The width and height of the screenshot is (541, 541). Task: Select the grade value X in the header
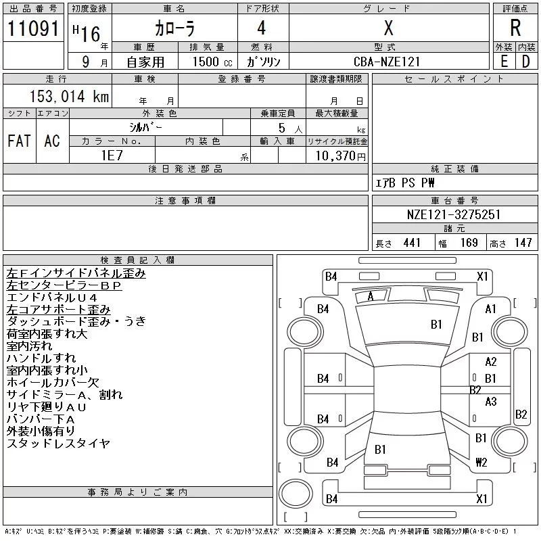pyautogui.click(x=388, y=28)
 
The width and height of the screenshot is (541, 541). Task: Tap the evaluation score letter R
pyautogui.click(x=515, y=28)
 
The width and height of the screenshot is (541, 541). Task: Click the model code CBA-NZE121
pyautogui.click(x=388, y=61)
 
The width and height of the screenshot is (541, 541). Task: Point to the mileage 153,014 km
pyautogui.click(x=69, y=96)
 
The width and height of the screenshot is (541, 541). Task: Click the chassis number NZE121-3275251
pyautogui.click(x=454, y=215)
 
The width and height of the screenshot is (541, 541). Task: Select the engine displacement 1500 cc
pyautogui.click(x=204, y=61)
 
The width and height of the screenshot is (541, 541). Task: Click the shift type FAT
pyautogui.click(x=19, y=141)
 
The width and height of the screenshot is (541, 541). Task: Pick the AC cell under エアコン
pyautogui.click(x=52, y=141)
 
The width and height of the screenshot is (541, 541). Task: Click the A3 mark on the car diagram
pyautogui.click(x=491, y=402)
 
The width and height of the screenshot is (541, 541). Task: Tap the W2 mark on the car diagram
pyautogui.click(x=481, y=463)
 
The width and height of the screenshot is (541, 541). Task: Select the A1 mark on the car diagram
pyautogui.click(x=491, y=309)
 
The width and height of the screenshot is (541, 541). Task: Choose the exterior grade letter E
pyautogui.click(x=504, y=61)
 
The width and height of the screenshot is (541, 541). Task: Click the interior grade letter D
pyautogui.click(x=525, y=61)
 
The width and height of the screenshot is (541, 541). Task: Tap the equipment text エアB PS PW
pyautogui.click(x=405, y=183)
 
